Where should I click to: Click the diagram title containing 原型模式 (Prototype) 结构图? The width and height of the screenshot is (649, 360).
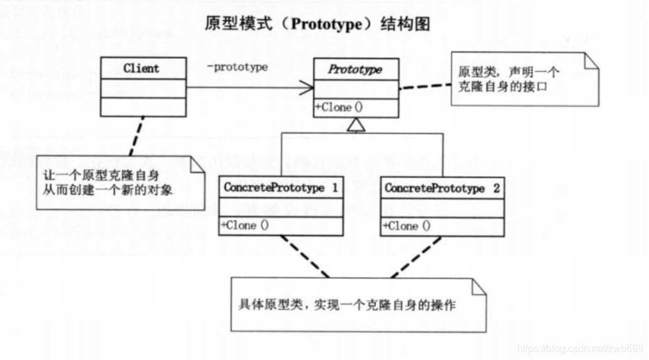[317, 24]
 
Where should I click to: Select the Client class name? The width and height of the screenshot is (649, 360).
[141, 68]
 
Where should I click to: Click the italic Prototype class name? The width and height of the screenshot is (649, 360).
[355, 69]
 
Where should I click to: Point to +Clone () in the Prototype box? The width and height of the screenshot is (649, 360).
[339, 107]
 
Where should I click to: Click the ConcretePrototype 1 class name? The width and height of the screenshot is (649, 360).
[280, 188]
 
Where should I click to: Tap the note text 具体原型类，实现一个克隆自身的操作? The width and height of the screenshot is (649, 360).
[347, 305]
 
